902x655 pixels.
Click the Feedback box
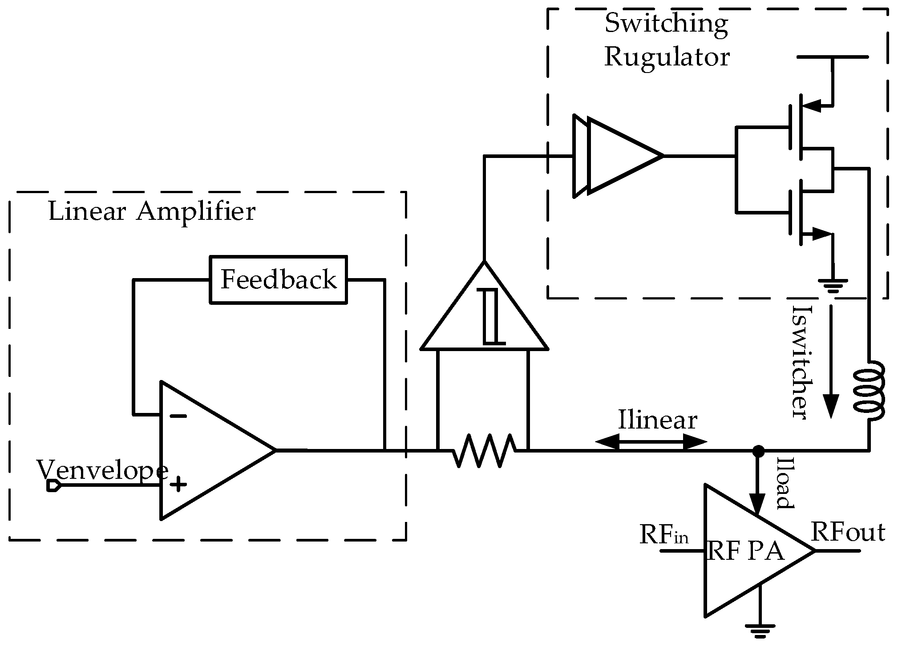[278, 280]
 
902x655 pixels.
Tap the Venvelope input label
[102, 470]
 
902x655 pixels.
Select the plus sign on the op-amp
[178, 484]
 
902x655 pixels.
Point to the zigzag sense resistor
[484, 450]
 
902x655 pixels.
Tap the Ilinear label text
[658, 420]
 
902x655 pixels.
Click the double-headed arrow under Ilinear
[651, 442]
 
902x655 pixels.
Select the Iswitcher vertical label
[800, 362]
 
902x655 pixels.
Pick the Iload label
[784, 483]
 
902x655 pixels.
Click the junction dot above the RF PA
[759, 451]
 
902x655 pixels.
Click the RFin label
[663, 534]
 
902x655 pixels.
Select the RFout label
[848, 532]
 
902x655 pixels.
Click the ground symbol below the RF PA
[760, 632]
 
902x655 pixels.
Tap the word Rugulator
[667, 57]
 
